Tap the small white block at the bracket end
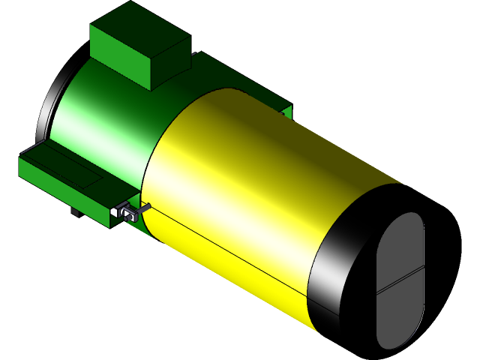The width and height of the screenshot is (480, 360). [x=115, y=213]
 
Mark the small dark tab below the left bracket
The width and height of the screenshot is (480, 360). [x=75, y=212]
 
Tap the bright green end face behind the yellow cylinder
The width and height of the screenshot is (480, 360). [x=287, y=113]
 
